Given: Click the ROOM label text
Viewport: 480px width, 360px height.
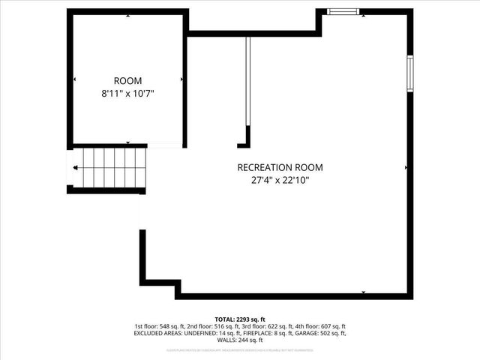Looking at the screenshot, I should [127, 81].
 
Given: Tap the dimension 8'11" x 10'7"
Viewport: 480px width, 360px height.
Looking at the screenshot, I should [127, 94].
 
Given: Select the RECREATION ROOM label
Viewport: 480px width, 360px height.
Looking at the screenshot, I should [280, 167].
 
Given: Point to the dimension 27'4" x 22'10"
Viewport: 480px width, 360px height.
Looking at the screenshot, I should [280, 180].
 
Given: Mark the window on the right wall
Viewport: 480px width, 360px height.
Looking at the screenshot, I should [409, 73].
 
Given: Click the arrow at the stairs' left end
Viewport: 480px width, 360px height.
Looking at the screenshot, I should [75, 168].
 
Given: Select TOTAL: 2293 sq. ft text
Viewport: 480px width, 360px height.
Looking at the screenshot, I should [240, 319].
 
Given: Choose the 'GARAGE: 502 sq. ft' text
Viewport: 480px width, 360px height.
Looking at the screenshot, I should [315, 333].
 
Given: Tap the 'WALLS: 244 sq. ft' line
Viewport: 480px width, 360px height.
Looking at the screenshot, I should [240, 340].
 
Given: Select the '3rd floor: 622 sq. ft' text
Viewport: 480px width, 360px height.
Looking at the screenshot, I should [267, 326].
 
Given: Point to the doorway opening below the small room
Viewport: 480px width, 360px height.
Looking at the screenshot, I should [164, 145].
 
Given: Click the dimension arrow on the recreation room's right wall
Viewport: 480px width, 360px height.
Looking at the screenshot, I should [406, 167].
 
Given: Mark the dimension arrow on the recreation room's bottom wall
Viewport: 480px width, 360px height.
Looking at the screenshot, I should [364, 292].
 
